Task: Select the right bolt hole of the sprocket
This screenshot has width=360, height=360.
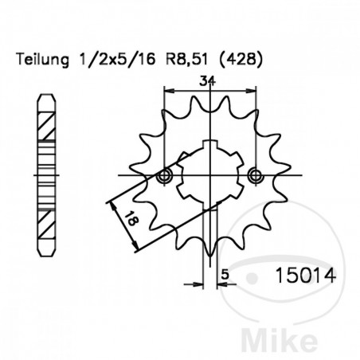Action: (255, 175)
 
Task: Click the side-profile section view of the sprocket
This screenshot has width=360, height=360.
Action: (47, 175)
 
